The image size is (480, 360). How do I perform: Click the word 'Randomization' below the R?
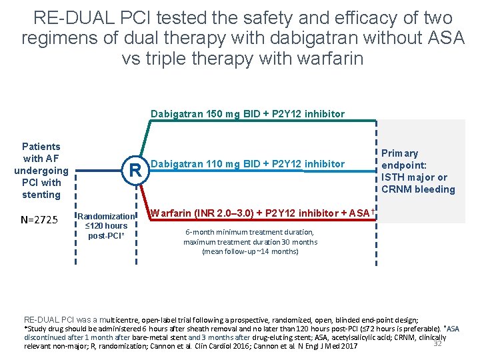pyautogui.click(x=107, y=216)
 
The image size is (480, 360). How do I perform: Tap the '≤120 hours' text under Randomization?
pyautogui.click(x=107, y=226)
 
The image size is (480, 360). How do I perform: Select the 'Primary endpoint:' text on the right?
pyautogui.click(x=404, y=159)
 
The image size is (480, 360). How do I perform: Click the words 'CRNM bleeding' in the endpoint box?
pyautogui.click(x=418, y=189)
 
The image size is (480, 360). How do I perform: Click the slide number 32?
pyautogui.click(x=438, y=343)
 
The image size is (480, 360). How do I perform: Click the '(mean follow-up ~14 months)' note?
pyautogui.click(x=250, y=251)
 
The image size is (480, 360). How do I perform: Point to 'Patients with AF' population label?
pyautogui.click(x=41, y=153)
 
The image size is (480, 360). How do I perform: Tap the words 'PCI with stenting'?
pyautogui.click(x=41, y=188)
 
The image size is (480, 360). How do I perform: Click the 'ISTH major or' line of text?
pyautogui.click(x=414, y=177)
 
